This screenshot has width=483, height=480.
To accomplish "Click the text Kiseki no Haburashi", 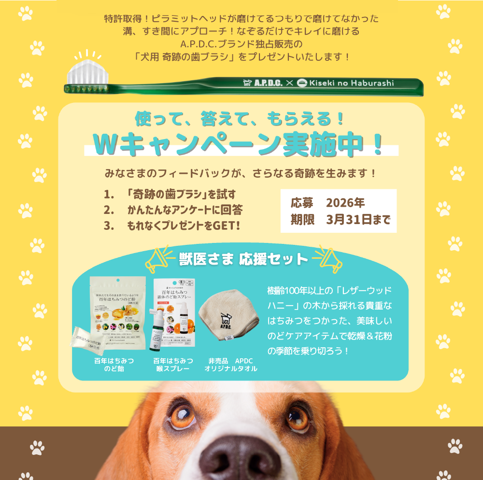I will click(351, 83).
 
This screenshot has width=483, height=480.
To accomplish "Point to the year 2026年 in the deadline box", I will click(345, 202).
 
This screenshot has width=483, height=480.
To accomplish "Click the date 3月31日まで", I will click(358, 220).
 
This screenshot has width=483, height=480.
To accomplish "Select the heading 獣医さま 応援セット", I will click(243, 259).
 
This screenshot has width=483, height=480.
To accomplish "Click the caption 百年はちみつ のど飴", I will click(114, 365).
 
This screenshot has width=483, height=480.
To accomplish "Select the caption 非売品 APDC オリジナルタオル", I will click(230, 365).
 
